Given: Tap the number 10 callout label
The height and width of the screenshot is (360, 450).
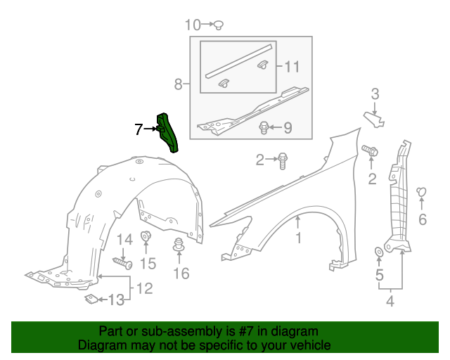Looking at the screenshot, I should pos(192,25).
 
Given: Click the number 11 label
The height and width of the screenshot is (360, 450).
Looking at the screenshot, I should pos(292,67).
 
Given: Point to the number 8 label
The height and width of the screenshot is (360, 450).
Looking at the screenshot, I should pos(179,85).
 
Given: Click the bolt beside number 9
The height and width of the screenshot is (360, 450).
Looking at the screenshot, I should pos(264,128).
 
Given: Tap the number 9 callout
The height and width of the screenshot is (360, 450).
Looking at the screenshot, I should pos(287,128).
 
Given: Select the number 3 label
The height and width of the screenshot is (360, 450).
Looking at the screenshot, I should pos(375,94).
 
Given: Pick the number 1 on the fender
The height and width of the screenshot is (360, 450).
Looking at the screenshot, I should pos(298,239).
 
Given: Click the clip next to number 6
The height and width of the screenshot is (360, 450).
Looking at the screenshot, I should pos(423,191).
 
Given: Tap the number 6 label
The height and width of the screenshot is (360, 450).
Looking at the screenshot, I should pos(423,220).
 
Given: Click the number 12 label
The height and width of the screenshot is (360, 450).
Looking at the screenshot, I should pos(144,288).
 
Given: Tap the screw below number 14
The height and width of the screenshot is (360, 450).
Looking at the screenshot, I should pos(124,264).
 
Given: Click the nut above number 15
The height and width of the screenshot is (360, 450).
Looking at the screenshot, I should pos(146,236).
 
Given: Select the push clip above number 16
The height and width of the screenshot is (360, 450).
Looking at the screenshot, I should pos(179,246).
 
